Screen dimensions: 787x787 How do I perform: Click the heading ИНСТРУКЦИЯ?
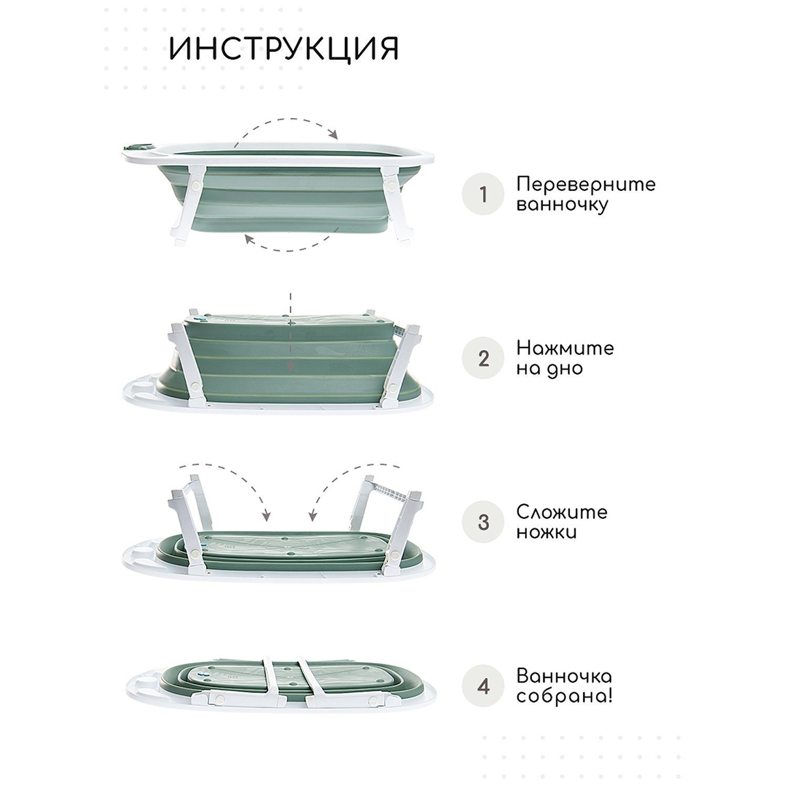[x=284, y=49]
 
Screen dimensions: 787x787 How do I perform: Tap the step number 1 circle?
[x=483, y=194]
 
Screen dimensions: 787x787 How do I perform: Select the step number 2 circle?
[x=483, y=358]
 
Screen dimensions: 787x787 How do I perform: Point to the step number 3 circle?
[x=483, y=523]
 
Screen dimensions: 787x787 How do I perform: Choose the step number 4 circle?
[x=483, y=686]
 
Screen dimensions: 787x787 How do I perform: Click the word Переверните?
[x=586, y=185]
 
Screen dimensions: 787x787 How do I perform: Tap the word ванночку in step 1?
[x=562, y=205]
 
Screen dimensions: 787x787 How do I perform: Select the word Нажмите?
[x=565, y=348]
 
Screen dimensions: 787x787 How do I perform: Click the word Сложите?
[x=562, y=512]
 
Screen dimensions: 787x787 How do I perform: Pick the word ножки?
[x=547, y=533]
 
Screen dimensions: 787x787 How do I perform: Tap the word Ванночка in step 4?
[x=564, y=676]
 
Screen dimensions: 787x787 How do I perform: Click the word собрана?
[x=565, y=697]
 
